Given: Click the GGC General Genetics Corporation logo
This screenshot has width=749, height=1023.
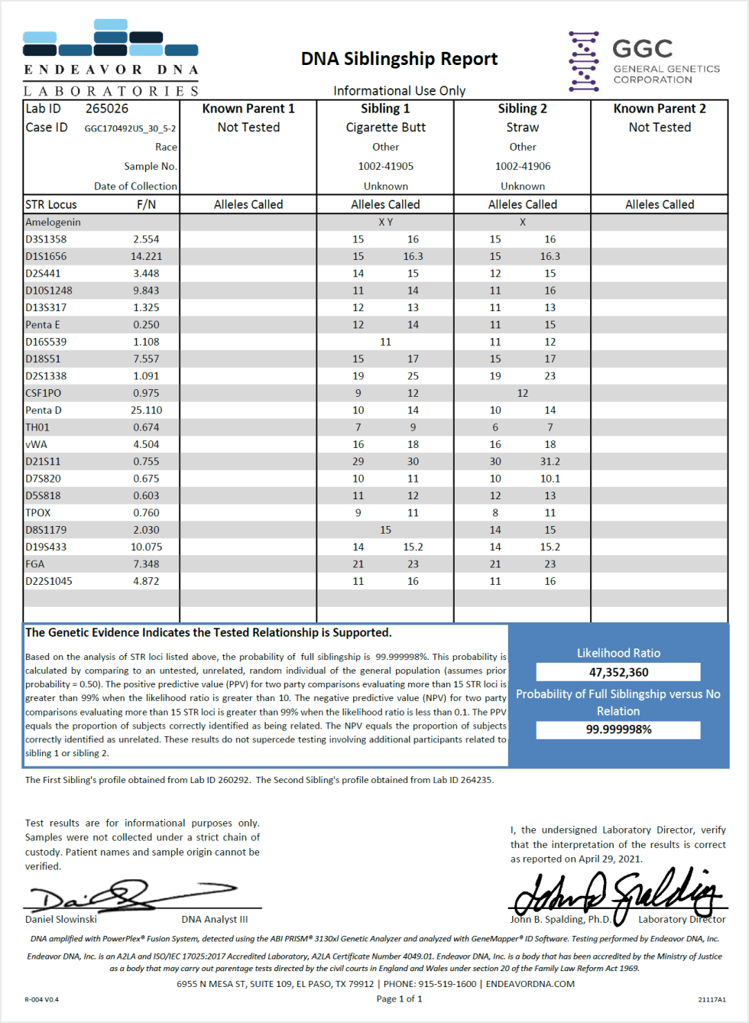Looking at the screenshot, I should [644, 61].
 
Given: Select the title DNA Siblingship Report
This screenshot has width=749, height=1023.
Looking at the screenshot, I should [399, 59].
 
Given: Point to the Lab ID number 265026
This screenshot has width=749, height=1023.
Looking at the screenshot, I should [107, 109].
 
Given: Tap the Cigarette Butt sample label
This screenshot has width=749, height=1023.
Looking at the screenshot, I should [385, 128].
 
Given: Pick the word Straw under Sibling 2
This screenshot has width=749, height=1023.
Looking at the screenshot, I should [523, 128].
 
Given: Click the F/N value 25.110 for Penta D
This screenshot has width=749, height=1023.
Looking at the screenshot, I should [146, 410].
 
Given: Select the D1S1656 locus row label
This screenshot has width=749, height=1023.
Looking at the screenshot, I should [46, 256].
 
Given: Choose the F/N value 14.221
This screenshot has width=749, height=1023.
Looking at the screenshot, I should [146, 256].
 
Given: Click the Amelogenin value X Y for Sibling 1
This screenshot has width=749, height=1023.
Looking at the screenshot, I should [385, 222].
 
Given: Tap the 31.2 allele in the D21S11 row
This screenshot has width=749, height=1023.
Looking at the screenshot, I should [550, 461].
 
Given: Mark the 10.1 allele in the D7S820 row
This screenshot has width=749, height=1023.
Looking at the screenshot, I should [550, 479].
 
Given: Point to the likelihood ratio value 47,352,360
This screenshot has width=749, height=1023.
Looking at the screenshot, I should [618, 672].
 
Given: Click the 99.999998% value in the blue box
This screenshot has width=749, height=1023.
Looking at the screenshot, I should [618, 729].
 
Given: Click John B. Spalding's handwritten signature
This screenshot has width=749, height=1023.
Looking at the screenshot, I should [615, 893].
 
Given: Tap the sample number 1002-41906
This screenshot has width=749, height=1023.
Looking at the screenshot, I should [523, 166].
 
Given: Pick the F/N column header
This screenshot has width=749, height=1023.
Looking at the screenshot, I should [146, 204].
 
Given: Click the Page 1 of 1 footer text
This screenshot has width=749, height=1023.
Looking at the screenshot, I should [399, 999].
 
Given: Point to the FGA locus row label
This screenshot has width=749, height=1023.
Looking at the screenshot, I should [35, 563].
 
